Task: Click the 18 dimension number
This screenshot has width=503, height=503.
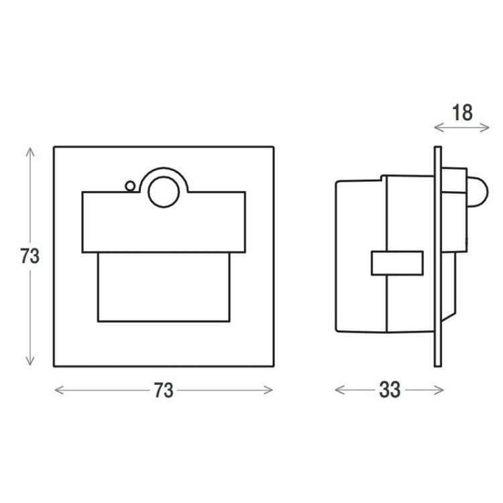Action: (462, 112)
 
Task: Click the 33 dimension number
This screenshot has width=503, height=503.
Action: (390, 389)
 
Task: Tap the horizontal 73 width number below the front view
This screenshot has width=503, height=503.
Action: (164, 390)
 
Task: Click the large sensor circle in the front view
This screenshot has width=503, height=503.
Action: (163, 192)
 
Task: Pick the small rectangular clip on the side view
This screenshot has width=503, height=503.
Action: (396, 263)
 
